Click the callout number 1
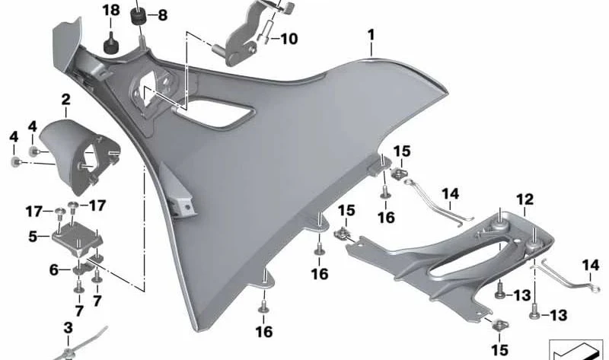(371, 35)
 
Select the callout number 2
(65, 100)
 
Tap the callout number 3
(68, 328)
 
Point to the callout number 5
(33, 236)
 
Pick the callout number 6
(54, 269)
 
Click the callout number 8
(162, 15)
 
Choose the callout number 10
(289, 39)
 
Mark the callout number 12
(525, 199)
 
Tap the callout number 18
(111, 10)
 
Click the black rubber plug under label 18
(111, 44)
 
